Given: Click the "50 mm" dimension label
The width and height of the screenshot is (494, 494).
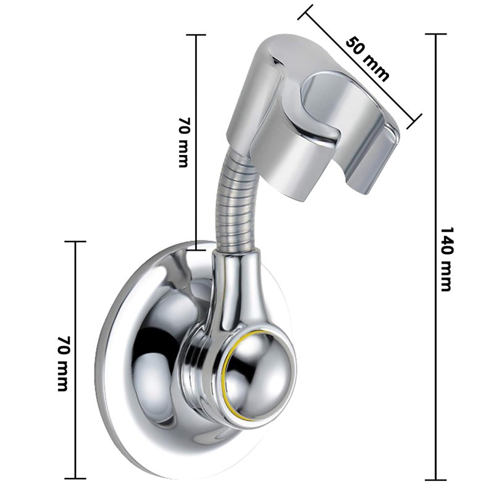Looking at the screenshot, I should coord(368,59).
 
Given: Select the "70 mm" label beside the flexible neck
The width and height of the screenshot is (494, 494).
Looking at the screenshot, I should coord(184,142).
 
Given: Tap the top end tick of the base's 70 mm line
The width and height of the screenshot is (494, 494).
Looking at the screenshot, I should coord(76,241).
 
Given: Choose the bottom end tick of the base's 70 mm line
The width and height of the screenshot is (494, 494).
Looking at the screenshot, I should coord(76,479).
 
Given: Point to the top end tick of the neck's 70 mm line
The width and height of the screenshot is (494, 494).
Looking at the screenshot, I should coord(196,35).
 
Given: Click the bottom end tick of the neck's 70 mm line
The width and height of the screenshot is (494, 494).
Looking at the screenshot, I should coord(196,249).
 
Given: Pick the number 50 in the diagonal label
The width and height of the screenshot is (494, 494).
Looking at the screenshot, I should coord(357,48).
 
